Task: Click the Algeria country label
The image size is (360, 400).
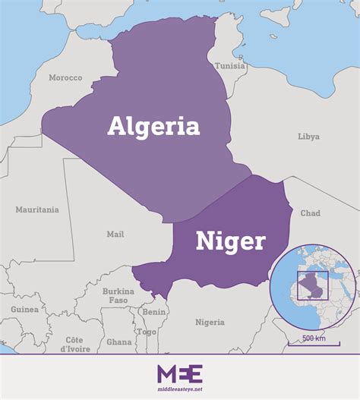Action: pyautogui.click(x=153, y=125)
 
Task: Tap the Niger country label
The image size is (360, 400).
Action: pyautogui.click(x=231, y=241)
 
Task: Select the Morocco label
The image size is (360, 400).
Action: pyautogui.click(x=65, y=77)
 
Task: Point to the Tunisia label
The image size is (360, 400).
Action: pyautogui.click(x=229, y=65)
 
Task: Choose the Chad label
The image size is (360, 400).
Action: pyautogui.click(x=311, y=213)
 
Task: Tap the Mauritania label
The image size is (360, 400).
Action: pyautogui.click(x=37, y=209)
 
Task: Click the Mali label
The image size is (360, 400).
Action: pyautogui.click(x=115, y=235)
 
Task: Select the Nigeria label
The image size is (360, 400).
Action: pyautogui.click(x=210, y=322)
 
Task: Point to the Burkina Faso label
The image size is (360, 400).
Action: pyautogui.click(x=118, y=295)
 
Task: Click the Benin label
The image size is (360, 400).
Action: pyautogui.click(x=154, y=312)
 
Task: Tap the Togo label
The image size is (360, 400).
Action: pyautogui.click(x=147, y=332)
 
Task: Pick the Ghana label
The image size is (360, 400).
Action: pyautogui.click(x=118, y=342)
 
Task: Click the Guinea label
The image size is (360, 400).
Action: pyautogui.click(x=24, y=310)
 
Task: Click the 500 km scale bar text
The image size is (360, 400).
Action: pyautogui.click(x=314, y=338)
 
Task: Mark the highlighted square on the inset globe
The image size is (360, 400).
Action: pyautogui.click(x=313, y=285)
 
